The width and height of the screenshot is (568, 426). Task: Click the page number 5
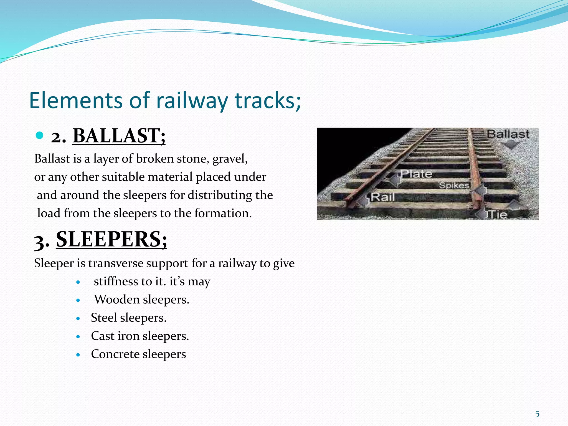(x=537, y=414)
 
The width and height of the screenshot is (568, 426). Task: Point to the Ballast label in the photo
(x=508, y=134)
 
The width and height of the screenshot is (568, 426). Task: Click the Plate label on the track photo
(x=416, y=174)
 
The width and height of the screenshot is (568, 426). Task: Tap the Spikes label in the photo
(x=454, y=185)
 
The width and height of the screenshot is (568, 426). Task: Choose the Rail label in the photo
(x=383, y=197)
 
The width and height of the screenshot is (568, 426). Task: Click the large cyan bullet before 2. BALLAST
(x=40, y=135)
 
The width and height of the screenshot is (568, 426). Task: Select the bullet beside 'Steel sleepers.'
(x=78, y=319)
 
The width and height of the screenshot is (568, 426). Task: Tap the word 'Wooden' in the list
(x=117, y=300)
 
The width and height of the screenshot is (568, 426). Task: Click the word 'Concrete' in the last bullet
(x=115, y=354)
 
